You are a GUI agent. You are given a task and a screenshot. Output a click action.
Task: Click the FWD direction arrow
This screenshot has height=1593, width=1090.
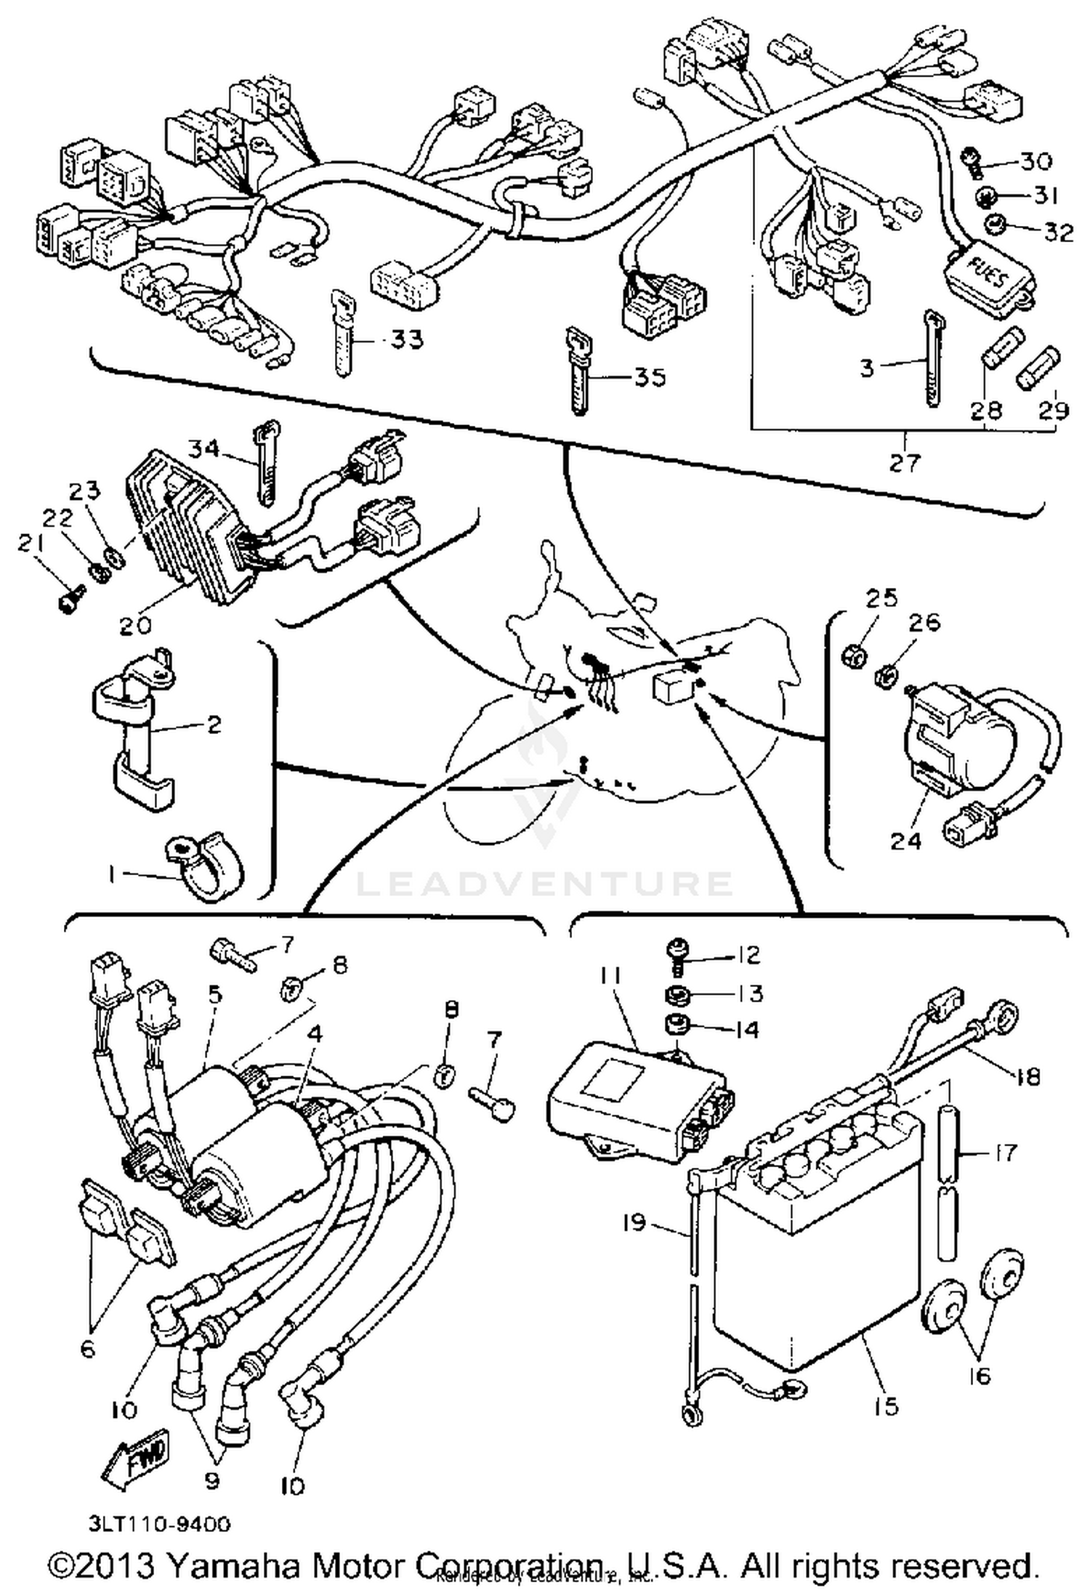(x=137, y=1456)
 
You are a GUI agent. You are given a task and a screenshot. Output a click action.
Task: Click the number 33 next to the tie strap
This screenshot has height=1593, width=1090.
(x=406, y=339)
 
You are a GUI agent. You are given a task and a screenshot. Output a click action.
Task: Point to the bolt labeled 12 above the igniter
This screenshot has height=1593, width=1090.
(x=676, y=953)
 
